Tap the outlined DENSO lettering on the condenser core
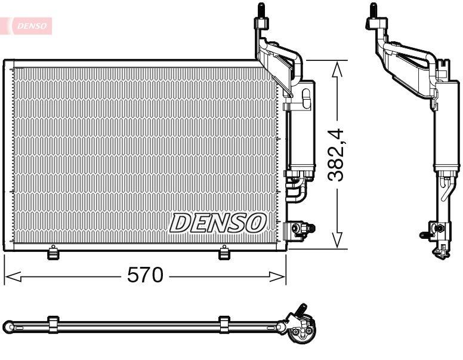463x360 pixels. pos(217,223)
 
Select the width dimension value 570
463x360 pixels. pos(145,276)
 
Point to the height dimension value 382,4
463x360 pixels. pos(338,154)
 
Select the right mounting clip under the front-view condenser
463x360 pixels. pos(224,253)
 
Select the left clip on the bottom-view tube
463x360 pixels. pos(53,325)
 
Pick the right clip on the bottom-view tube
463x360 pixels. pos(224,325)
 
